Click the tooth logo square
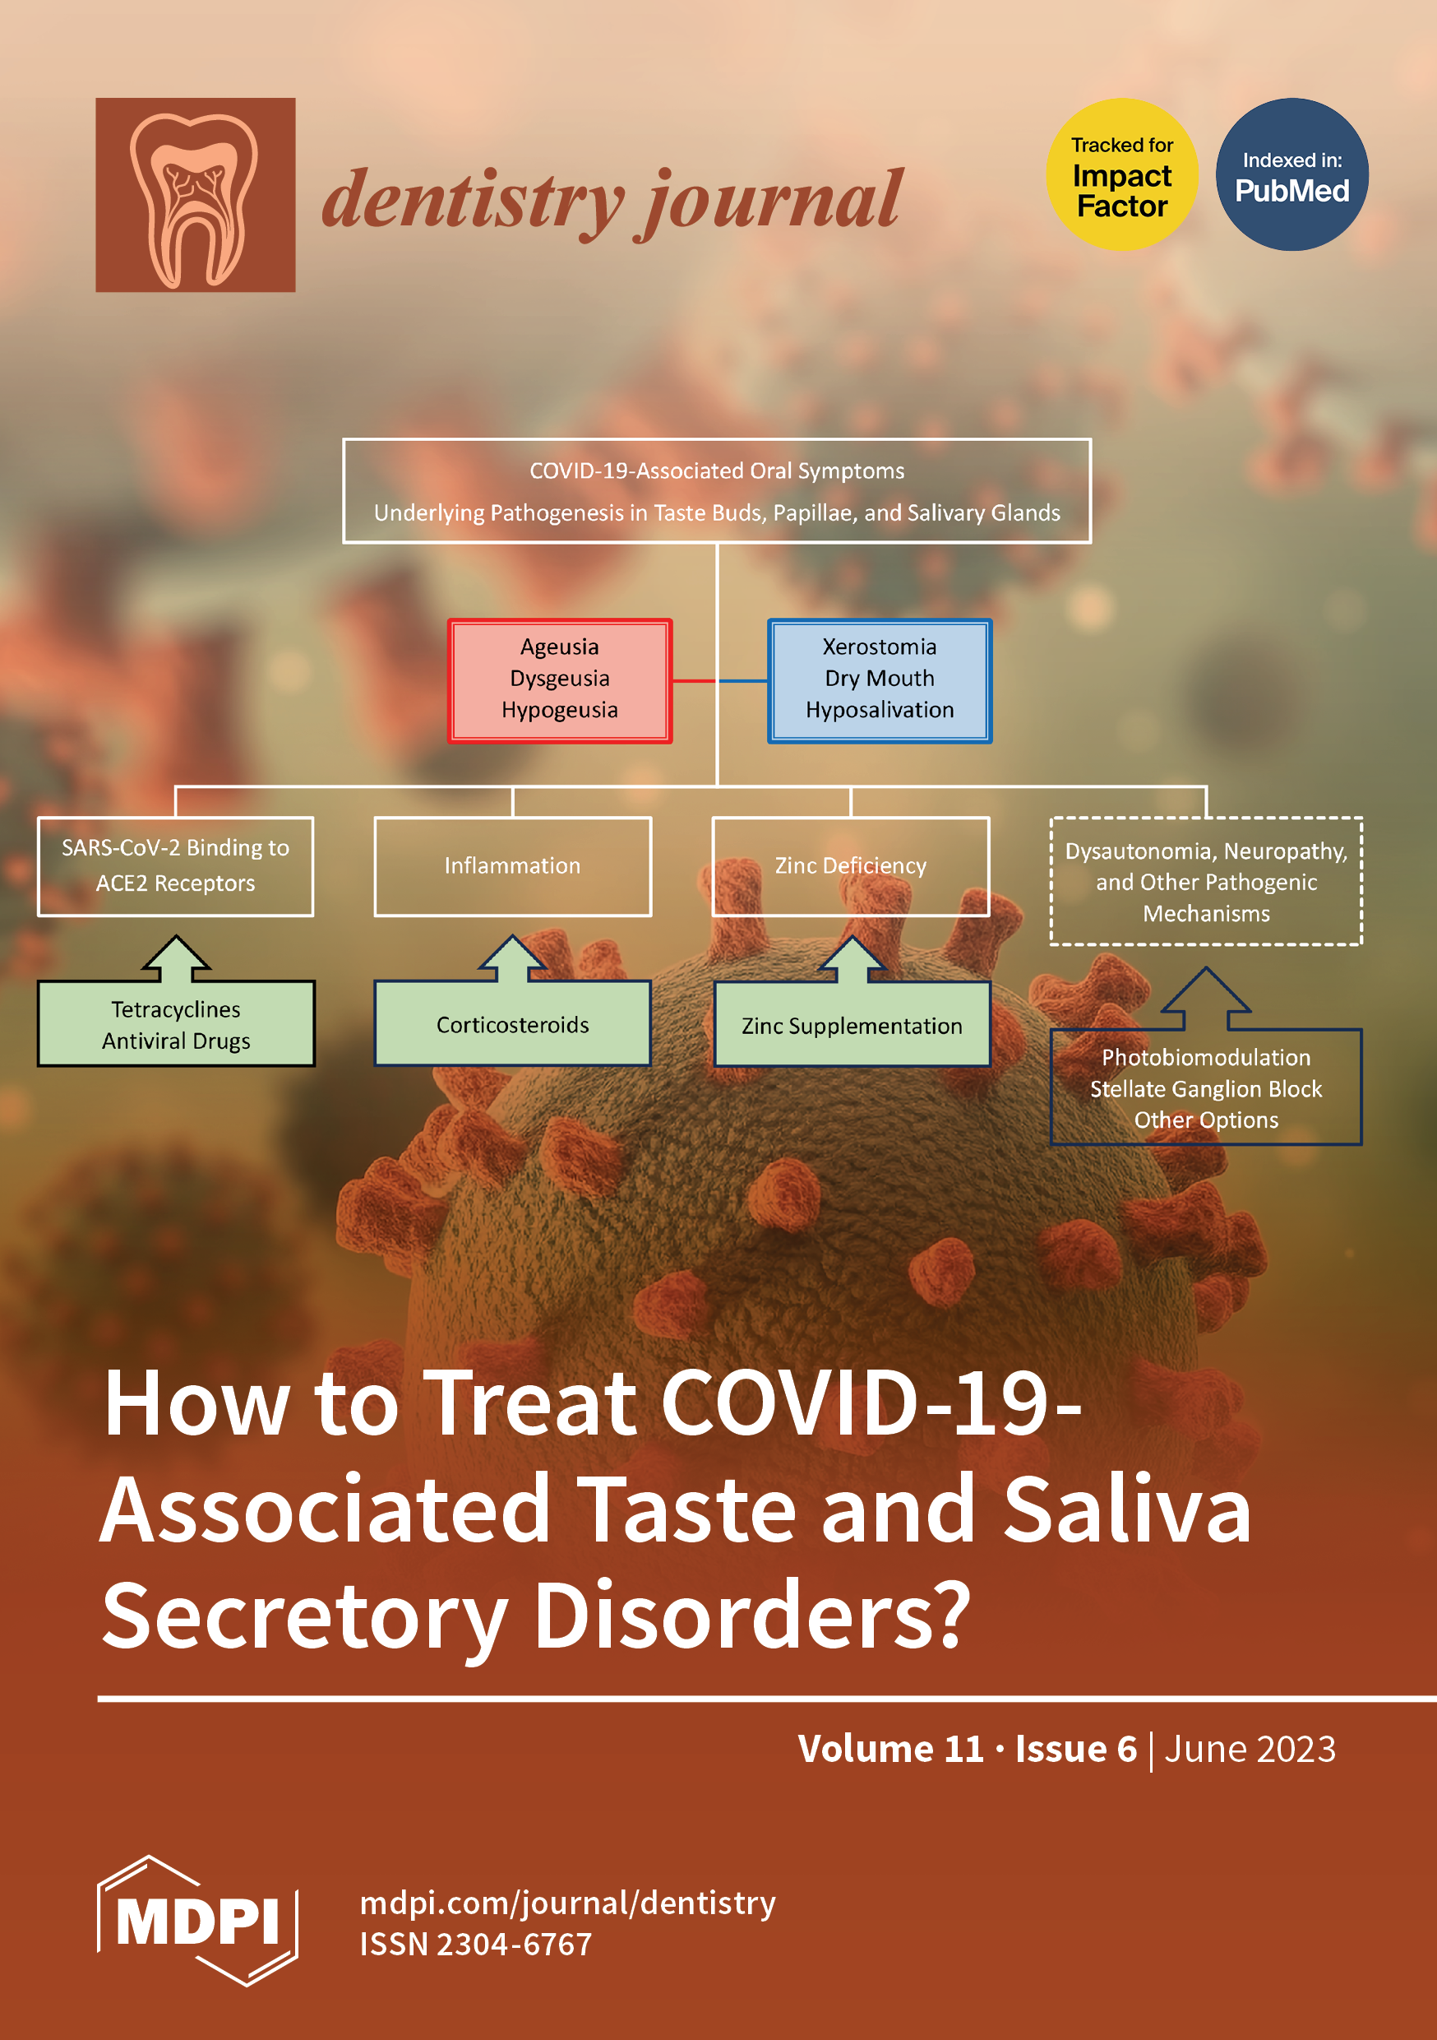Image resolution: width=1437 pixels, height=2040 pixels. (196, 195)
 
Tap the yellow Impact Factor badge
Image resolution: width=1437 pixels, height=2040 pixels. (1121, 174)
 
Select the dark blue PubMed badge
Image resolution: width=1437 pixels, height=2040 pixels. (1292, 174)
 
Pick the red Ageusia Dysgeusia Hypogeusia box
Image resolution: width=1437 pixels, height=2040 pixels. (560, 680)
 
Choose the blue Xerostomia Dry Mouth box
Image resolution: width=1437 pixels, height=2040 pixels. (880, 680)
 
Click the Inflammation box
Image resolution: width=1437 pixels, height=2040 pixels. (512, 866)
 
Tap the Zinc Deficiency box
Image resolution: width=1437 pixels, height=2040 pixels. (851, 866)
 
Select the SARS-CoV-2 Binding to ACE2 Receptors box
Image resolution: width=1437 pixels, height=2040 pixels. (176, 866)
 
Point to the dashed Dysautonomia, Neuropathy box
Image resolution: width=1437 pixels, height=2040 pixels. (1206, 881)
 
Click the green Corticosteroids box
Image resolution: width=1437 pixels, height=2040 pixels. (512, 1024)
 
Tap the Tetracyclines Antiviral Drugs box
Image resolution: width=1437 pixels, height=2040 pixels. (176, 1024)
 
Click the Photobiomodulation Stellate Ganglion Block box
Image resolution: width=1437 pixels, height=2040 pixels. (1206, 1087)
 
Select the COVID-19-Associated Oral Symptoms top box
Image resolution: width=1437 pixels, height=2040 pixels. (717, 490)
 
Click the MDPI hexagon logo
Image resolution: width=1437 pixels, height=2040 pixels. (197, 1921)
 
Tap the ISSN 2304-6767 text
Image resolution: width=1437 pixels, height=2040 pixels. (475, 1944)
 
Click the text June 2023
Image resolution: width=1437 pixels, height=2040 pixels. (1250, 1749)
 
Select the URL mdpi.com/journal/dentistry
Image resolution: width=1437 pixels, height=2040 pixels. (567, 1903)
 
